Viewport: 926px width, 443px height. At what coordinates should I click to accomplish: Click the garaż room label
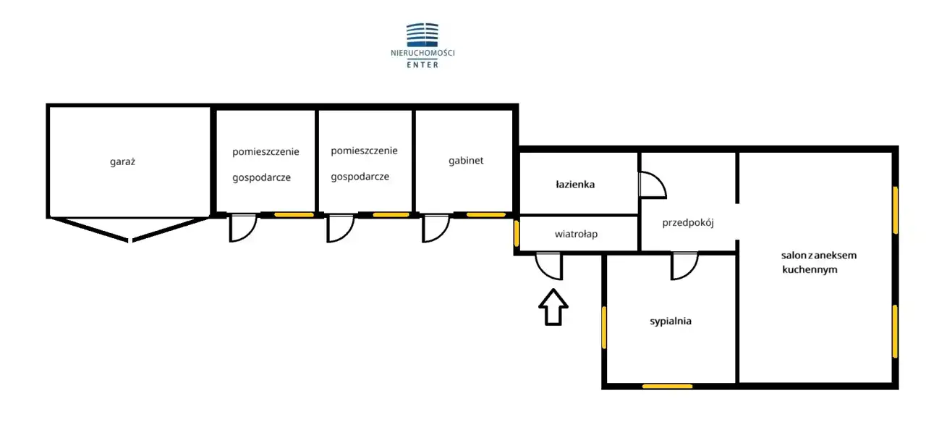click(122, 161)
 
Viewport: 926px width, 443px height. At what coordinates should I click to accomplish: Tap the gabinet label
click(466, 161)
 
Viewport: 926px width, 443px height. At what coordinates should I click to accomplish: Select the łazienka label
click(575, 185)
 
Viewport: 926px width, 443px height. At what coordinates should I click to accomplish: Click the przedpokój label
click(688, 223)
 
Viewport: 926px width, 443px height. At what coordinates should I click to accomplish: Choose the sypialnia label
click(671, 321)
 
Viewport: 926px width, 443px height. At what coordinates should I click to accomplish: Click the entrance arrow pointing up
click(553, 307)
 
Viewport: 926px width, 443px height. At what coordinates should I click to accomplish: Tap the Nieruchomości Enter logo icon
click(422, 34)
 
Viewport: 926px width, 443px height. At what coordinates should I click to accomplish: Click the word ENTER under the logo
click(422, 64)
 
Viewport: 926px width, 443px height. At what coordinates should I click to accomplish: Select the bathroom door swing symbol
click(651, 185)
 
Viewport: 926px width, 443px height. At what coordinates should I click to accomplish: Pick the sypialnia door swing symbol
click(684, 266)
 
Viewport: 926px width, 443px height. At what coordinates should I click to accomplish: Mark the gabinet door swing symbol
click(436, 228)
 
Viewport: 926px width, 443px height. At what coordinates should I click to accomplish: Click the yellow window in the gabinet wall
click(486, 215)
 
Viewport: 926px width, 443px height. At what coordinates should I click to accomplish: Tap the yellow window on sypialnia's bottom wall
click(667, 386)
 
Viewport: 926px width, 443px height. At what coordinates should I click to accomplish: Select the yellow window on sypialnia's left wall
click(603, 327)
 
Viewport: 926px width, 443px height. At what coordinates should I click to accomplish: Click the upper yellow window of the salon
click(896, 210)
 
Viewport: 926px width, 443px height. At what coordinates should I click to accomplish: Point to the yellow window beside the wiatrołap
click(517, 233)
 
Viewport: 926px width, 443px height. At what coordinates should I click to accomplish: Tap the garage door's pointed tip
click(129, 240)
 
